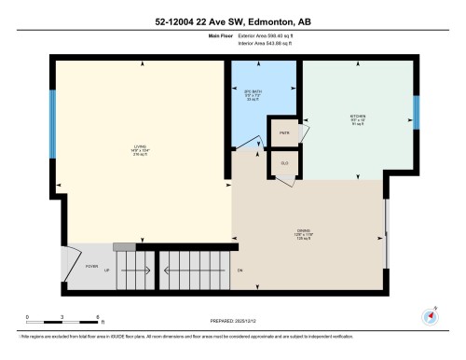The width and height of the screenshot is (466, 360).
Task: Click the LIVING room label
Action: click(x=141, y=149)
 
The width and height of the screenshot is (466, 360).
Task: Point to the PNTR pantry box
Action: click(x=283, y=133)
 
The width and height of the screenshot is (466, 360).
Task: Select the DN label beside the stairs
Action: click(x=240, y=270)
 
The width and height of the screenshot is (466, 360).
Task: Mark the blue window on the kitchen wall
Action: click(x=417, y=112)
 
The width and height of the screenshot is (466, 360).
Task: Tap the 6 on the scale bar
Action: click(x=97, y=317)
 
